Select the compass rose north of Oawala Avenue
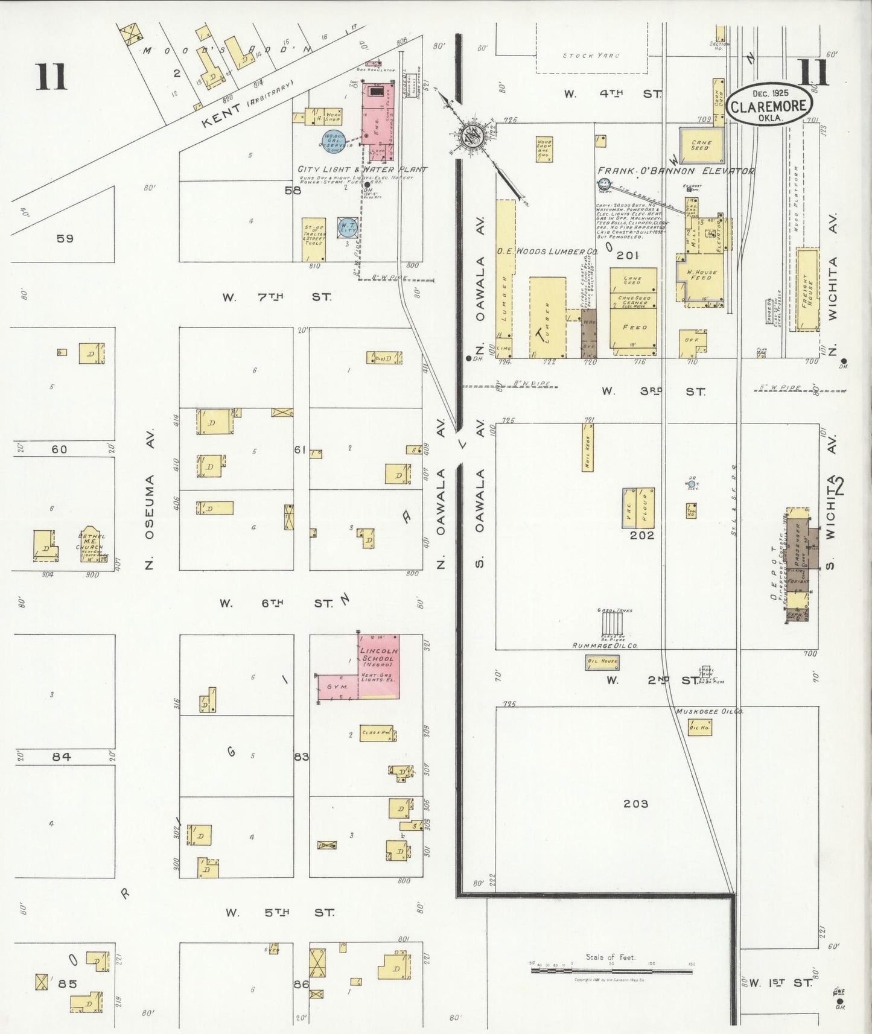click(x=471, y=136)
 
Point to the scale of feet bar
click(x=611, y=971)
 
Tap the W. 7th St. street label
click(x=277, y=297)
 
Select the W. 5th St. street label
click(x=279, y=913)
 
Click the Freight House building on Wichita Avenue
click(x=807, y=290)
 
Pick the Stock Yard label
click(x=591, y=56)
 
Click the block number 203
click(x=635, y=804)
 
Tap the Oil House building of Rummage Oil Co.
click(x=602, y=662)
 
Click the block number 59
click(x=65, y=238)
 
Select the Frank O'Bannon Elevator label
click(x=675, y=171)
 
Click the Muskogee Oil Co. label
click(x=709, y=712)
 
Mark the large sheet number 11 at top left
click(x=51, y=77)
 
